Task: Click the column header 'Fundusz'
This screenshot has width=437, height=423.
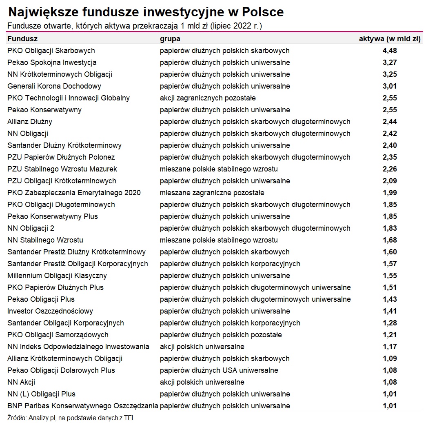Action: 22,39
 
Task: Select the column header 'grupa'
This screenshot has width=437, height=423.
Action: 170,39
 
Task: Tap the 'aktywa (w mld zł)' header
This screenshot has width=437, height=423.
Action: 390,39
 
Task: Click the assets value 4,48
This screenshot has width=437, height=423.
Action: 390,51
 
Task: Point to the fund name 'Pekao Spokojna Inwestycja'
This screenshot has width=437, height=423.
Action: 52,62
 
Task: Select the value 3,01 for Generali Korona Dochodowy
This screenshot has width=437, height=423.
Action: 390,86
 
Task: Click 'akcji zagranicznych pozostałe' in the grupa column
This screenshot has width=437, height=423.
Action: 208,98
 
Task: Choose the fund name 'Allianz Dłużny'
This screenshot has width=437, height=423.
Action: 30,122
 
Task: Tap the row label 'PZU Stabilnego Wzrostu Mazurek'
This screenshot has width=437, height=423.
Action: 62,169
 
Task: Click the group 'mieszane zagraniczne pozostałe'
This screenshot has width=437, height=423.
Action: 212,193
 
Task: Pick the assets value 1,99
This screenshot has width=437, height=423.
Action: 390,193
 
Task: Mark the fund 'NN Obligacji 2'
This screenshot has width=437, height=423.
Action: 31,228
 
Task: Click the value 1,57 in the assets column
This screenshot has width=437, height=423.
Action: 390,264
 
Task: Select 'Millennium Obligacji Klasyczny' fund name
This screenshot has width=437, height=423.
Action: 57,276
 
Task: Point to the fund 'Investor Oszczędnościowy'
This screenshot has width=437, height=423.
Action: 50,311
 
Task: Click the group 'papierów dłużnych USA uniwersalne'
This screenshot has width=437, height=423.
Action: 219,370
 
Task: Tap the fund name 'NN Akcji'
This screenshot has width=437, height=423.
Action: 21,382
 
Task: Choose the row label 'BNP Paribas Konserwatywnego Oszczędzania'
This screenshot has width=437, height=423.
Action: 83,406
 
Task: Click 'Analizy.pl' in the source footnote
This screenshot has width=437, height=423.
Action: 42,418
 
